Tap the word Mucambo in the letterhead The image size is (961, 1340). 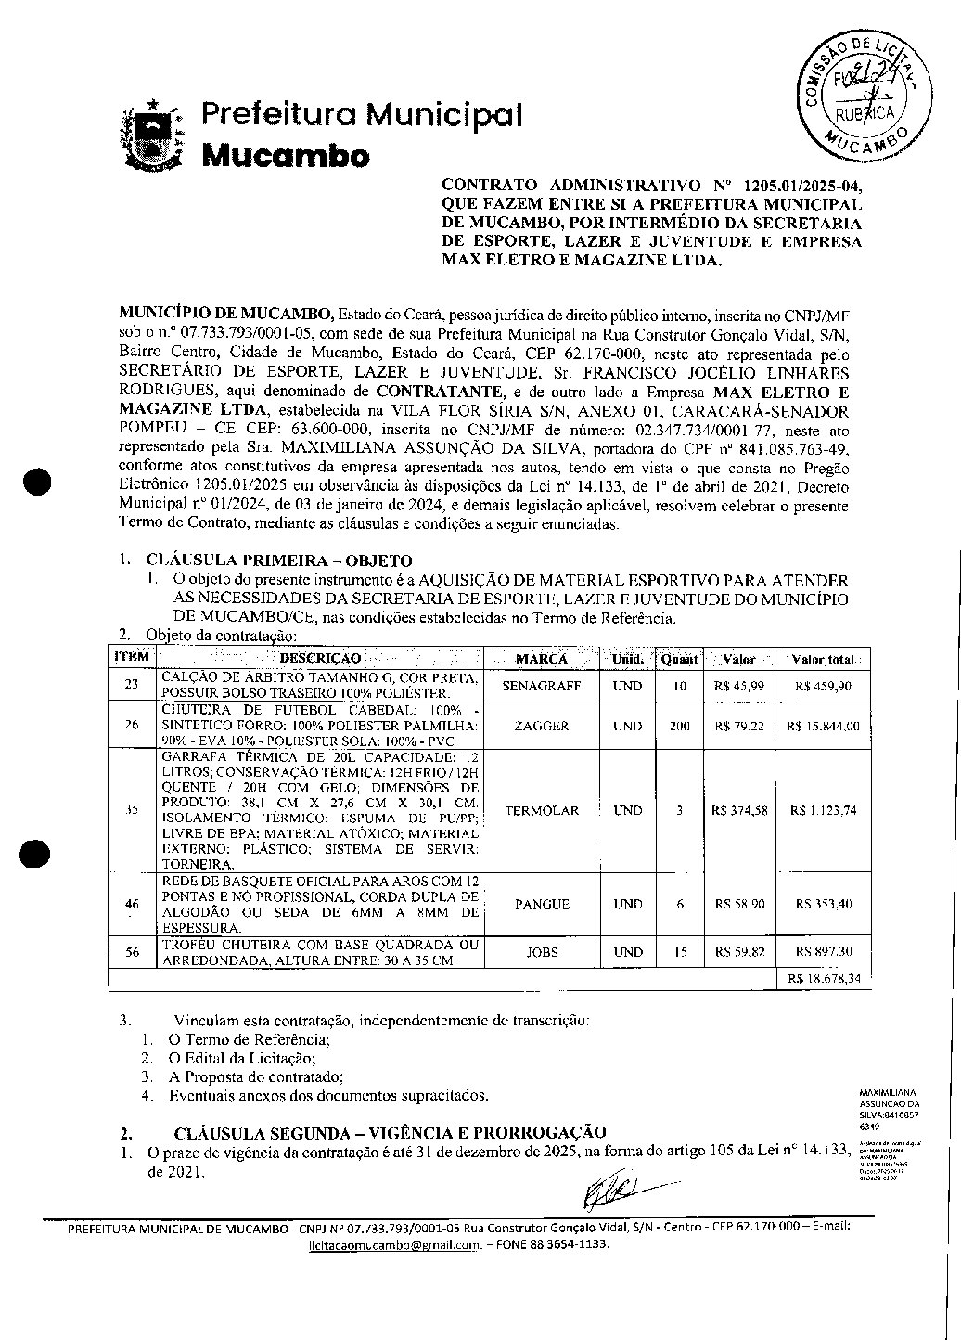click(286, 155)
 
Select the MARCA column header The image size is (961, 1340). click(541, 659)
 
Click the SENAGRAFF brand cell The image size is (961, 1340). click(541, 687)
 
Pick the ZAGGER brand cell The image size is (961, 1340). click(541, 726)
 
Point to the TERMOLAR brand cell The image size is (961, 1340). click(541, 810)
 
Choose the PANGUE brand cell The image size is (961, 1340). click(541, 904)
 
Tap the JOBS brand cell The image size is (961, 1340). click(541, 952)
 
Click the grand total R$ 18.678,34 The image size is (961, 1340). click(824, 978)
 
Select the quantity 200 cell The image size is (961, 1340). click(679, 726)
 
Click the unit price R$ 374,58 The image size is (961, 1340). click(739, 810)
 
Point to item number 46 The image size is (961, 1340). click(132, 904)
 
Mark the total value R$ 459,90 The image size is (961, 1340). click(824, 687)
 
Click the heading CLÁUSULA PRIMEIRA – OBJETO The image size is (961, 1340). click(278, 560)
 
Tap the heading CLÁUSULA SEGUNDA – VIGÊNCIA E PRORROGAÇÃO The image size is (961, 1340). click(390, 1132)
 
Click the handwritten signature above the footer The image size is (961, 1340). click(617, 1189)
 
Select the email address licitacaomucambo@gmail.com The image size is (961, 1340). click(394, 1244)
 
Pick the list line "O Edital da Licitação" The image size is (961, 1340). click(242, 1058)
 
